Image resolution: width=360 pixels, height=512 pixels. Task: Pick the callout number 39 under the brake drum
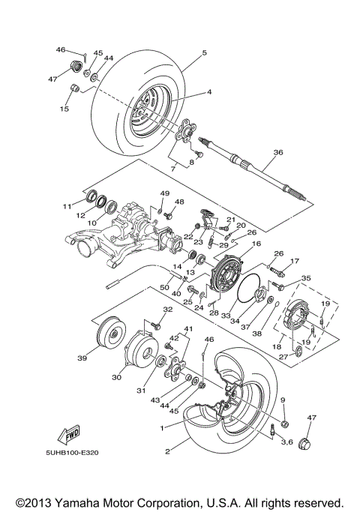tap(82, 358)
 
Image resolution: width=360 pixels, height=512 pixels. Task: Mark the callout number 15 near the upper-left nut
tap(64, 109)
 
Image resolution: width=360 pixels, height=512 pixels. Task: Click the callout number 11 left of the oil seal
tap(67, 205)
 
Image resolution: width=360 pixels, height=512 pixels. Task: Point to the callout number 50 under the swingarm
tap(164, 287)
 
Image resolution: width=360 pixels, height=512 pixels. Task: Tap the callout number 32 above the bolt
tap(167, 310)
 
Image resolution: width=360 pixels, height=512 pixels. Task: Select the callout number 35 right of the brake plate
tap(305, 278)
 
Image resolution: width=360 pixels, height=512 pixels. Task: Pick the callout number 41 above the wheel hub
tap(188, 330)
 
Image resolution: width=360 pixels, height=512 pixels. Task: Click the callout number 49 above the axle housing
tap(165, 193)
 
